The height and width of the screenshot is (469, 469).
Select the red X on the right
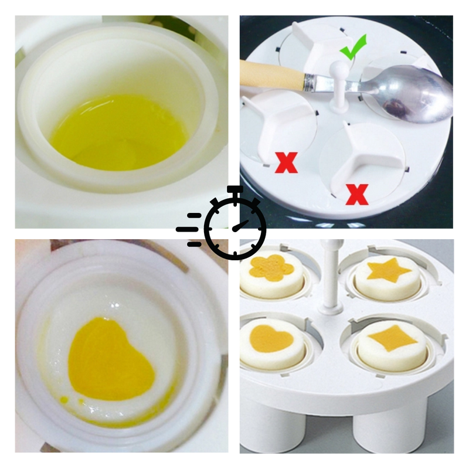click(357, 193)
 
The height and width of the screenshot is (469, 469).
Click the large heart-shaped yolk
click(111, 359)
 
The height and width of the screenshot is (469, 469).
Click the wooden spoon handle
click(270, 76)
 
